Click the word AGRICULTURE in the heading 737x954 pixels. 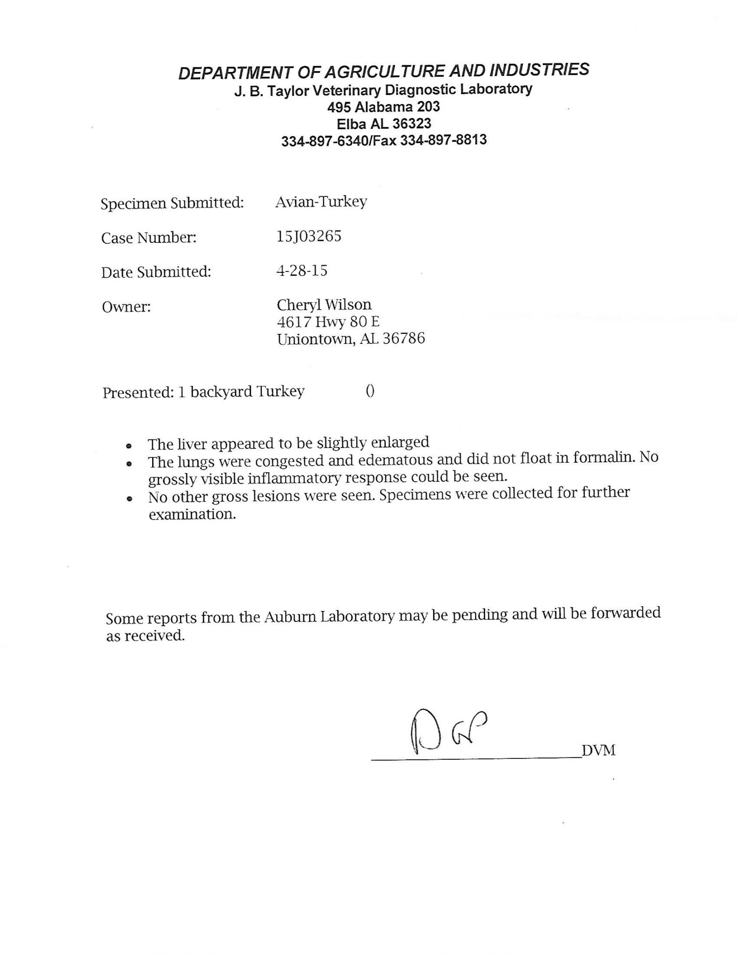pyautogui.click(x=384, y=72)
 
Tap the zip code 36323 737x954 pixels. pyautogui.click(x=412, y=124)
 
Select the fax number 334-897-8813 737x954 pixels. pyautogui.click(x=443, y=140)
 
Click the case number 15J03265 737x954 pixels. pyautogui.click(x=309, y=237)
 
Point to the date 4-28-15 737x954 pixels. pyautogui.click(x=301, y=271)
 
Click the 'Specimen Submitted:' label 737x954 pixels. pyautogui.click(x=172, y=203)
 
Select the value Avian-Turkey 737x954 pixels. pyautogui.click(x=321, y=202)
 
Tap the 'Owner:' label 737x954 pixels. pyautogui.click(x=126, y=307)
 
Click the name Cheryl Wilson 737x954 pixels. pyautogui.click(x=324, y=304)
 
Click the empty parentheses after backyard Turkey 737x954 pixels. pyautogui.click(x=370, y=391)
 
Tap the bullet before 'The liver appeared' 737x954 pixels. pyautogui.click(x=128, y=445)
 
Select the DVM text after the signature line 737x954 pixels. pyautogui.click(x=599, y=750)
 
